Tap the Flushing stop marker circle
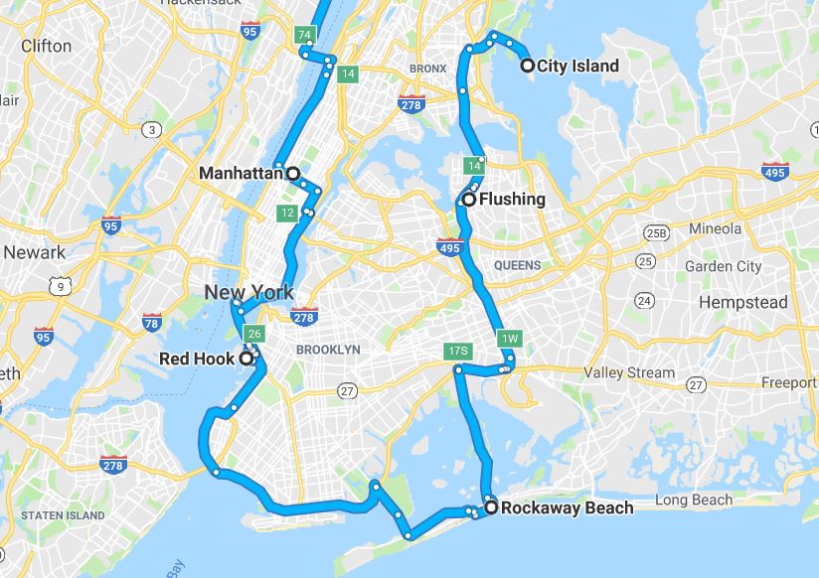click(468, 200)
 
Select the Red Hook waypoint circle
click(246, 359)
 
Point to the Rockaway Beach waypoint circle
click(491, 507)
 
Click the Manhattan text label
click(241, 173)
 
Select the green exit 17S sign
click(457, 352)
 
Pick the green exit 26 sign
click(253, 334)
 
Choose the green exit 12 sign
click(286, 213)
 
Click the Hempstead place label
click(742, 302)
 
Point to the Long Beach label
click(693, 500)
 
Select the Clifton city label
click(47, 46)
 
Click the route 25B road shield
click(655, 233)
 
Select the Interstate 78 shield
click(152, 323)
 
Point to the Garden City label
click(723, 266)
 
